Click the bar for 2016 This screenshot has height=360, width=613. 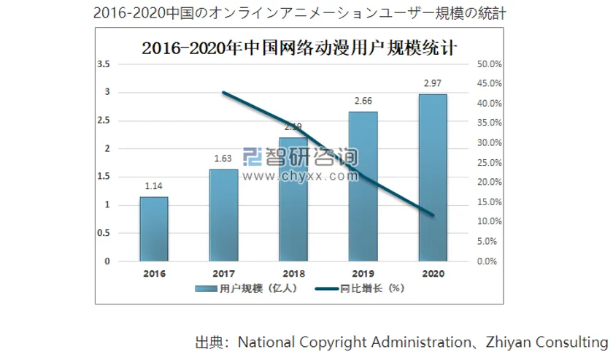point(154,229)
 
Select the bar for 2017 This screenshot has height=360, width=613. point(223,215)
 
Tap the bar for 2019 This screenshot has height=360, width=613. point(363,186)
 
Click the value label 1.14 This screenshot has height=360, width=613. point(154,187)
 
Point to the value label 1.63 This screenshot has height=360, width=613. point(223,159)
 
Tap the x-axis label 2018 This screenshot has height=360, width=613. point(293,274)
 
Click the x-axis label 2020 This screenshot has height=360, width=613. point(432,274)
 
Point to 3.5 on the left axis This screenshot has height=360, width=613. point(104,64)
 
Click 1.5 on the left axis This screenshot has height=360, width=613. point(104,177)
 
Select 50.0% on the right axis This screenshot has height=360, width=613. point(490,64)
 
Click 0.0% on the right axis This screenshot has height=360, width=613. point(490,261)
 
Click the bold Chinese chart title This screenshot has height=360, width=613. point(299,48)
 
